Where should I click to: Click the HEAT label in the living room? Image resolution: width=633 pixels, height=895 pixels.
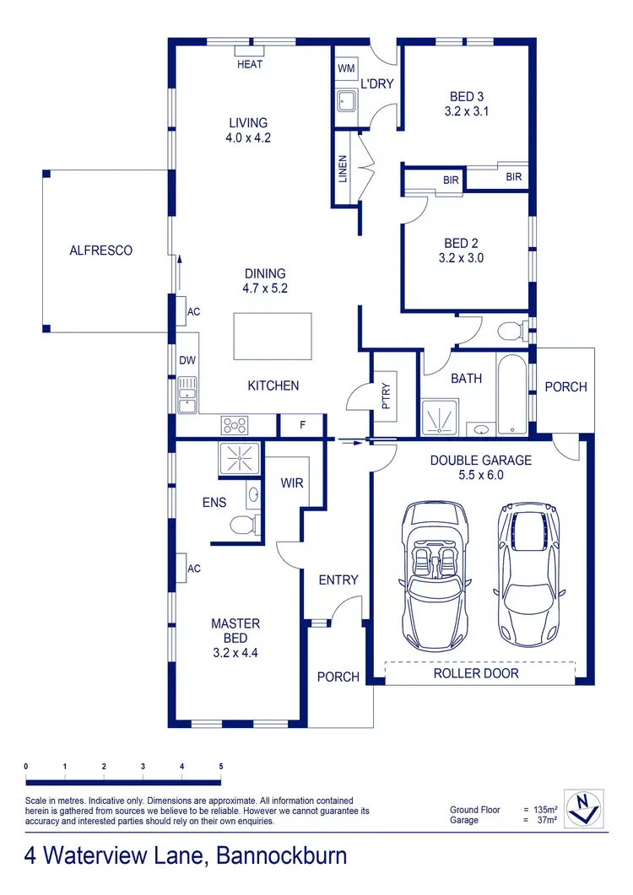click(250, 64)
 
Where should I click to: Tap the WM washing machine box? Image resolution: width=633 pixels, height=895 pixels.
click(346, 67)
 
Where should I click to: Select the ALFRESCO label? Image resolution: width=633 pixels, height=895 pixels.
click(100, 251)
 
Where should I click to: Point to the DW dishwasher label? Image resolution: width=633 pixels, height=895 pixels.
click(187, 361)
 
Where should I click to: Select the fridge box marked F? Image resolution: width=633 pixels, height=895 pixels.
click(302, 426)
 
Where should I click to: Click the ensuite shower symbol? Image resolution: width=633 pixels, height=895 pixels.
click(241, 459)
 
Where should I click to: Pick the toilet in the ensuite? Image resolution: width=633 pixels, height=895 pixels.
click(243, 526)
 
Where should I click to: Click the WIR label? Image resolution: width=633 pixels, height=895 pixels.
click(291, 483)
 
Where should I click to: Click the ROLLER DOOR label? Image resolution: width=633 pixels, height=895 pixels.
click(476, 673)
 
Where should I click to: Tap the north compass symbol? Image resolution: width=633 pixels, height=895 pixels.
click(583, 808)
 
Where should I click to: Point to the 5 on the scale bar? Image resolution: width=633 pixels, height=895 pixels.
click(221, 766)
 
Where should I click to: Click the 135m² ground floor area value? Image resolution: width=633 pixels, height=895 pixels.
click(549, 810)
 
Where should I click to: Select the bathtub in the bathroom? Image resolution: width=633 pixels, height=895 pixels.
click(509, 396)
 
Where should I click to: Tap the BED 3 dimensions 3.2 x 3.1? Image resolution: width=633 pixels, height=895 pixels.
click(467, 111)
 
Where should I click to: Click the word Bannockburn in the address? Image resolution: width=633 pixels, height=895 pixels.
click(282, 857)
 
